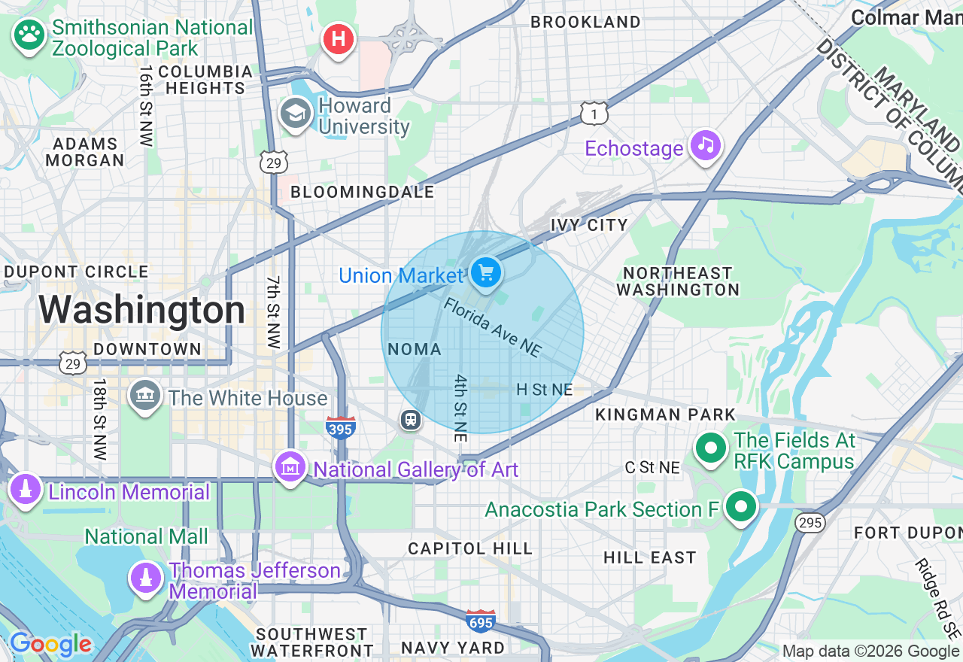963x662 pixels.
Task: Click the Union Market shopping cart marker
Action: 487,272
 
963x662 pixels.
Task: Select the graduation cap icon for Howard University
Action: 296,114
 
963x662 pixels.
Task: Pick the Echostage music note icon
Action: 705,146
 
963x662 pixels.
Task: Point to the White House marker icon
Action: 144,396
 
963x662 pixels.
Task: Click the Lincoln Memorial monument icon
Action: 26,490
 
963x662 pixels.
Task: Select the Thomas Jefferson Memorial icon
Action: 146,578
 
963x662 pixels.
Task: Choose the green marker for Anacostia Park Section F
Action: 741,507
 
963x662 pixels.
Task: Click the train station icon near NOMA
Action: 411,419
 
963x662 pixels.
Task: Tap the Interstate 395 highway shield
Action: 340,427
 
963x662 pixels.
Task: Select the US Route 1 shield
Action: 594,113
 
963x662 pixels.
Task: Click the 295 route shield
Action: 810,522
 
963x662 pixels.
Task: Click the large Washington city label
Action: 142,310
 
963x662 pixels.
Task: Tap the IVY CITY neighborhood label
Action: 589,225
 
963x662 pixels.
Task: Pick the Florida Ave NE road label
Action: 492,328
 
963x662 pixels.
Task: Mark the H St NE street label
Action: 545,390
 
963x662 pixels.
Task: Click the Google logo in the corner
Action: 50,644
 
